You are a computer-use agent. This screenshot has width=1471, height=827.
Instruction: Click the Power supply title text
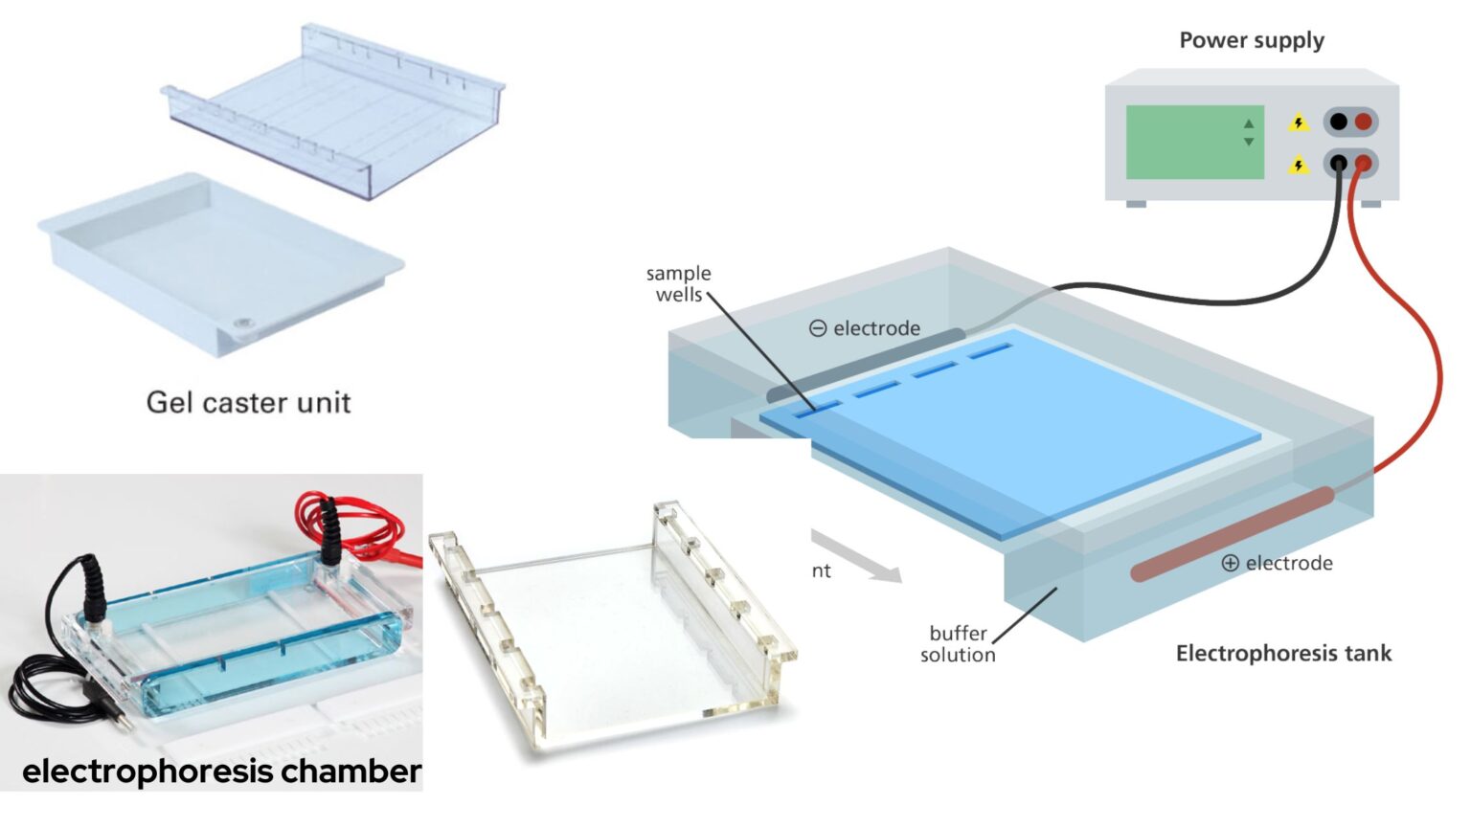[1251, 40]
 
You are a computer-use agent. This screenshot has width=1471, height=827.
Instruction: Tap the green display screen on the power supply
[1194, 142]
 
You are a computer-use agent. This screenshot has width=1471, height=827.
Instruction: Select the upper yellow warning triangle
[1298, 123]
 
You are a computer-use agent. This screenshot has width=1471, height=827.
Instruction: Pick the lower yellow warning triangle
[1298, 166]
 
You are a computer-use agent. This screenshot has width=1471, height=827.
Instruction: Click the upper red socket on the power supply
[1363, 122]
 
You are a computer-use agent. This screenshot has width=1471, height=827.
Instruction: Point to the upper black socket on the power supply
[1338, 122]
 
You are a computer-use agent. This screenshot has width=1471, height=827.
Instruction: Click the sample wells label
[678, 284]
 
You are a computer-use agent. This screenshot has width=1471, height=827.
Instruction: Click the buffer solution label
[958, 644]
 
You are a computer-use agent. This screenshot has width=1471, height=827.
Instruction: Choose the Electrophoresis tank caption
[1283, 654]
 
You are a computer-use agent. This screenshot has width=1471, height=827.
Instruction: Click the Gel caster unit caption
[248, 402]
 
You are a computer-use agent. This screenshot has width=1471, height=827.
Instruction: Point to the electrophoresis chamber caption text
[221, 771]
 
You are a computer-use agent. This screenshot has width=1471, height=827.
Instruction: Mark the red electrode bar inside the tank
[1232, 534]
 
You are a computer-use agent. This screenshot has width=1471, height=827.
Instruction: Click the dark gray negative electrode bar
[867, 363]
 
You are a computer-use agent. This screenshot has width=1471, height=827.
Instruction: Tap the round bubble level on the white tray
[244, 325]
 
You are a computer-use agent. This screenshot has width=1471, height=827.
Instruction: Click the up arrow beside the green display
[1248, 124]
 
